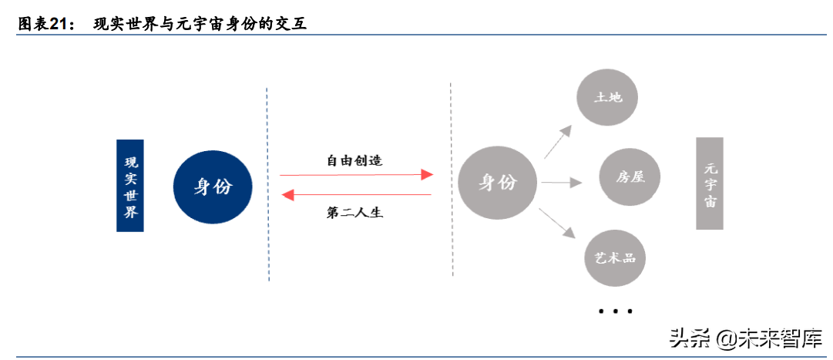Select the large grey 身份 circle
coord(497,182)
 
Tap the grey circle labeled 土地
coord(608,98)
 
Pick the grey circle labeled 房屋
coord(630,177)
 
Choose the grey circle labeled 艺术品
coord(613,257)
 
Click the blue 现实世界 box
coord(132,186)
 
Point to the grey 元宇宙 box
coord(710,183)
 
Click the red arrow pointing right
coord(356,175)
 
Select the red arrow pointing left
coord(356,195)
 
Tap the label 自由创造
coord(354,161)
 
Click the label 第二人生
coord(355,213)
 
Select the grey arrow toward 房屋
coord(561,183)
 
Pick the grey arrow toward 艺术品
coord(559,222)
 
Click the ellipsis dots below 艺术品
coord(615,311)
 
